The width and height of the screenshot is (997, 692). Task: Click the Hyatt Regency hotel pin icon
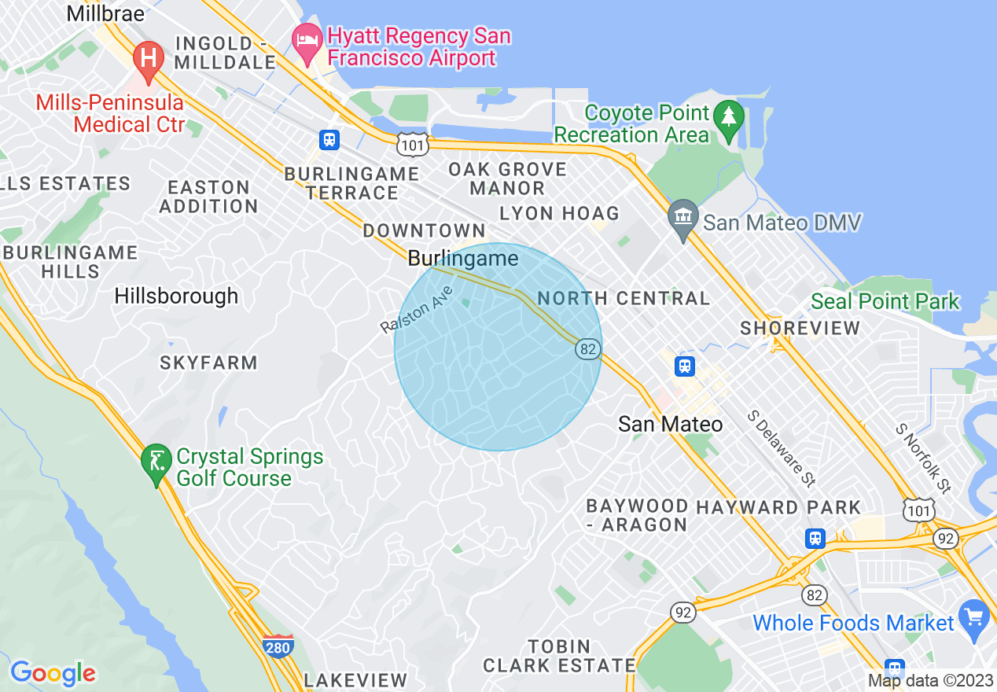[x=306, y=38]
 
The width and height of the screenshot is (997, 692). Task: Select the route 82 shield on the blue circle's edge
[x=587, y=348]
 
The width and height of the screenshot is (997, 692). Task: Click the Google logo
[x=53, y=673]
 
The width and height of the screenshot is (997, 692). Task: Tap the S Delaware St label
[x=782, y=447]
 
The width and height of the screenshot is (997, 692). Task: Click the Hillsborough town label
[x=176, y=296]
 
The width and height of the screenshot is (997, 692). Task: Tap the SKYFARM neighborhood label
[x=208, y=363]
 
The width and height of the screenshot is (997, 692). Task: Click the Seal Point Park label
[x=885, y=301]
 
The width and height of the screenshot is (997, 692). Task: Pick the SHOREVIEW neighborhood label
[x=800, y=328]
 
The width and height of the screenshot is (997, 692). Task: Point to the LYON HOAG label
[x=559, y=213]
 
